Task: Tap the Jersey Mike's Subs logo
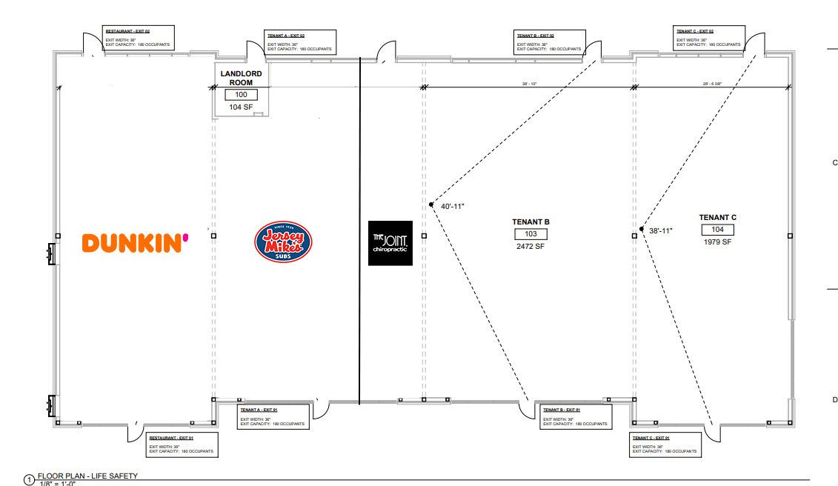(x=283, y=242)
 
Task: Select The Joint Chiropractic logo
(x=390, y=242)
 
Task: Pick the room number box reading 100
(x=241, y=95)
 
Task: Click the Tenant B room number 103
(x=531, y=234)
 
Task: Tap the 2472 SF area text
(x=531, y=246)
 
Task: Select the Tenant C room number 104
(x=717, y=230)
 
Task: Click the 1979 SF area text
(x=717, y=242)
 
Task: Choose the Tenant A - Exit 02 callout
(x=299, y=42)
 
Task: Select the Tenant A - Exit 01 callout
(x=273, y=417)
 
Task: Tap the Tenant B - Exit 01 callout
(x=576, y=417)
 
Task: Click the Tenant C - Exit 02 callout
(x=708, y=39)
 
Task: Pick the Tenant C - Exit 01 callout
(x=664, y=445)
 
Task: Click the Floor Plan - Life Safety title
(x=87, y=476)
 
